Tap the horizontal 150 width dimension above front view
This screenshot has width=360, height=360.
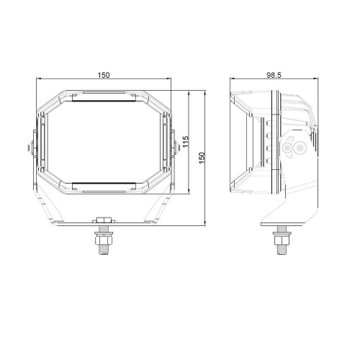[105, 75]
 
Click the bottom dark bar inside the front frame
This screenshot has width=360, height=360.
[105, 184]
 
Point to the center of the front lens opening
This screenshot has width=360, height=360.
[105, 142]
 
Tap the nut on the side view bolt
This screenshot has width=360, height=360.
[279, 233]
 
